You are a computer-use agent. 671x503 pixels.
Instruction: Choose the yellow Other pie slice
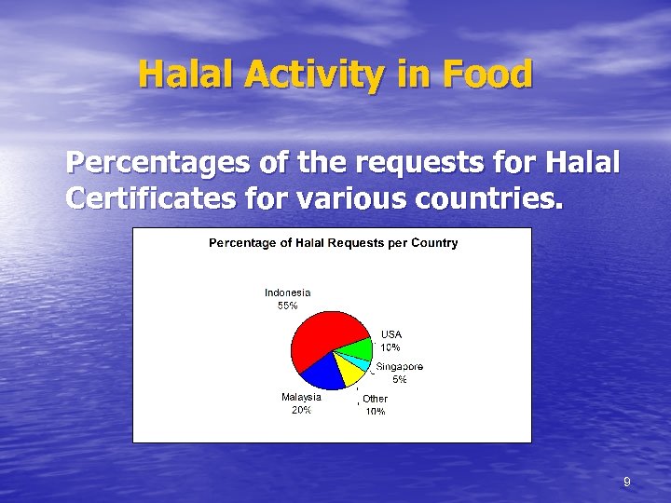tap(349, 372)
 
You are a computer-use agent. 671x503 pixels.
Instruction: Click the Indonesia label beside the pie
tap(287, 292)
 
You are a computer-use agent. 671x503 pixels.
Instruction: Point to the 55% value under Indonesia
tap(287, 306)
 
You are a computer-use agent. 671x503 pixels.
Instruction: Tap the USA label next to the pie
tap(390, 334)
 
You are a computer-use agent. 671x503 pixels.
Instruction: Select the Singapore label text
tap(399, 367)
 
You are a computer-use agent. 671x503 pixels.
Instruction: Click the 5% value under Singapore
tap(399, 380)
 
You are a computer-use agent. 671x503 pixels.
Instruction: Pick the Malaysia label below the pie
tap(301, 397)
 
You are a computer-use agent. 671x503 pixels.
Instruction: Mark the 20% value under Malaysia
tap(301, 410)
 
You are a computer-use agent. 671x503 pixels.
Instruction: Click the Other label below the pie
tap(375, 399)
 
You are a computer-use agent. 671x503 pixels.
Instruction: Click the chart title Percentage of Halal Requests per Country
tap(333, 243)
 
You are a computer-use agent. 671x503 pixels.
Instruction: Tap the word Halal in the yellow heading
tap(177, 75)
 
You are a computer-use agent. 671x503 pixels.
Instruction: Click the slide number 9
tap(626, 482)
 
